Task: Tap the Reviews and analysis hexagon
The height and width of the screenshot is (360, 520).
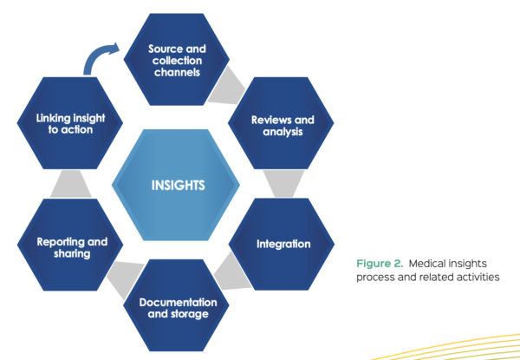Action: [x=282, y=123]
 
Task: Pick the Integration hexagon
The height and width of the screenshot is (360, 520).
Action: [x=283, y=244]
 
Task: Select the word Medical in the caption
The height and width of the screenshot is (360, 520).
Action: [x=432, y=262]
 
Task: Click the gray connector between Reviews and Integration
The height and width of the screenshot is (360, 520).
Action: [x=281, y=182]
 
